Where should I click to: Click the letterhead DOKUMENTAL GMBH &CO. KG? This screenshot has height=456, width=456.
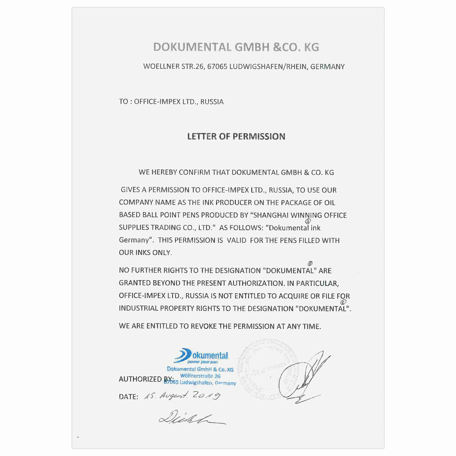236,47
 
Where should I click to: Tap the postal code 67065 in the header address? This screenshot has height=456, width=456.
217,67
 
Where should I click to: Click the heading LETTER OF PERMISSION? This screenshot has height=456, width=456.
236,136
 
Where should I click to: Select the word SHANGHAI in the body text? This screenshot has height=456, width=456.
271,215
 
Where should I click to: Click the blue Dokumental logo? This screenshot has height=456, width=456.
202,356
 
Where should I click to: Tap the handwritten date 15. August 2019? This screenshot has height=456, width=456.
182,396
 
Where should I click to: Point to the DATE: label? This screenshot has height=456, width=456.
129,397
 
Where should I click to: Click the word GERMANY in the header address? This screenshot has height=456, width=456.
327,67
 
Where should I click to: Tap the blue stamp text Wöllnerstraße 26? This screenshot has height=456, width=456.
200,376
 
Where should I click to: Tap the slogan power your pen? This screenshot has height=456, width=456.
202,362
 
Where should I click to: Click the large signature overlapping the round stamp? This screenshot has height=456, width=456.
304,377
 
